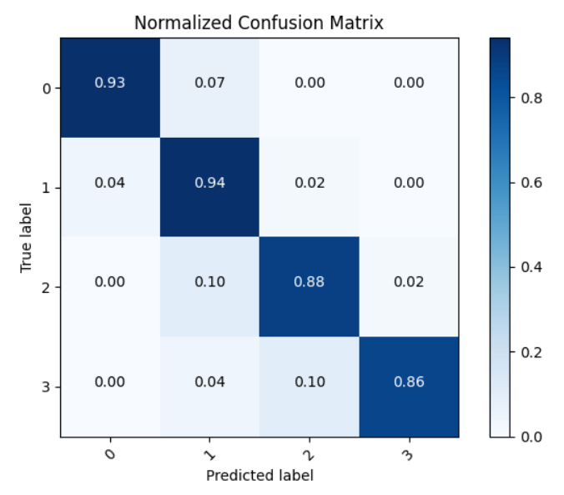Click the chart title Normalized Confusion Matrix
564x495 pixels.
259,23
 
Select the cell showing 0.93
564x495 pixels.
109,83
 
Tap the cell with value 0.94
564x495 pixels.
209,182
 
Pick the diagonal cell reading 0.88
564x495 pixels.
309,282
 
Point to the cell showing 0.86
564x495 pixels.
408,382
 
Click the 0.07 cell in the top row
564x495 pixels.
209,83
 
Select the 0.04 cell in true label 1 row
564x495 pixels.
109,182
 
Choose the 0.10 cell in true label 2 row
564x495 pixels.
209,282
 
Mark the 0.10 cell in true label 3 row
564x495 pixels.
309,382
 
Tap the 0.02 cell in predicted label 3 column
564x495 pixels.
408,282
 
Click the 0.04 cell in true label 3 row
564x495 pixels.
209,382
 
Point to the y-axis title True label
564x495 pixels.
26,238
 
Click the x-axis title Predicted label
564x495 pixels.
259,476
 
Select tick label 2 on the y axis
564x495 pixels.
48,288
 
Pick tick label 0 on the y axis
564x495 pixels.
48,88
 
